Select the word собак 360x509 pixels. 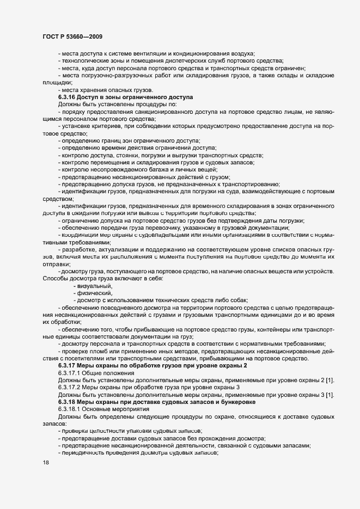click(x=237, y=300)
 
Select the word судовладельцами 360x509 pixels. click(x=151, y=235)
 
